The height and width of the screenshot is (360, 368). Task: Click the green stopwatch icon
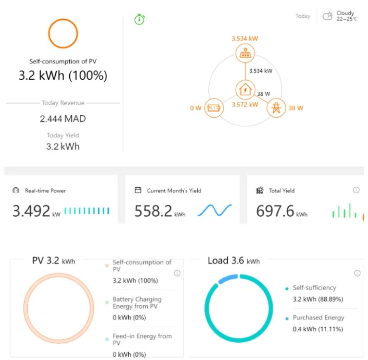(139, 19)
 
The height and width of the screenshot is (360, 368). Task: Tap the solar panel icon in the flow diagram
(245, 53)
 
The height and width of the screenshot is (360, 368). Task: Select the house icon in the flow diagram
(245, 90)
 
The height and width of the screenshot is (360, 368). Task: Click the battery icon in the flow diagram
(214, 108)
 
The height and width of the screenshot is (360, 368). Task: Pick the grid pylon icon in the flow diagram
(276, 108)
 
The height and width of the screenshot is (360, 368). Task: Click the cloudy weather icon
(328, 16)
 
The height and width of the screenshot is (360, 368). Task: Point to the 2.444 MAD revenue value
(63, 119)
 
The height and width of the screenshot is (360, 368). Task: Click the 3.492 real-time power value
(31, 211)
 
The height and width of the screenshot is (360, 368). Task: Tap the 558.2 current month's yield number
(153, 211)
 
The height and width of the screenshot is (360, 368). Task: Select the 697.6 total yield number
(275, 211)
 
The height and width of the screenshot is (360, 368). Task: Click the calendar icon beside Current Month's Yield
(138, 190)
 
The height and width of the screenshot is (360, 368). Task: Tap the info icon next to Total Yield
(356, 190)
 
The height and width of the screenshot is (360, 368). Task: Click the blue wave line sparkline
(215, 210)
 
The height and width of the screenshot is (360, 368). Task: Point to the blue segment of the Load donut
(228, 279)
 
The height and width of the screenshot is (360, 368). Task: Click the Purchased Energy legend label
(318, 317)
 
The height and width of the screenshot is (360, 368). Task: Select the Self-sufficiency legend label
(314, 288)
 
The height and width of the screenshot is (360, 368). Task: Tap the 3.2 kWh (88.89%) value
(318, 299)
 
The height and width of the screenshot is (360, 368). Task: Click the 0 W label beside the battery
(196, 108)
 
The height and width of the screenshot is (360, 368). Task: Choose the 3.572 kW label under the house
(245, 104)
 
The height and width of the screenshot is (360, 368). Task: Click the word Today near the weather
(303, 16)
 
